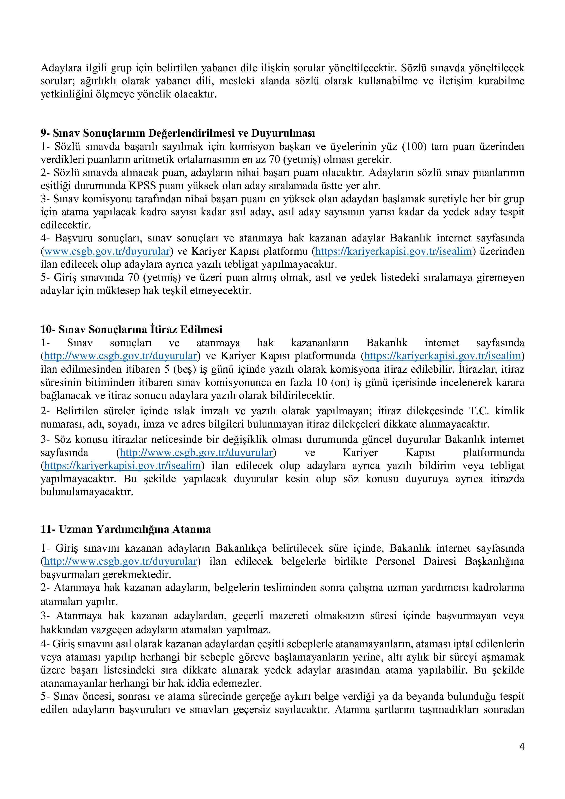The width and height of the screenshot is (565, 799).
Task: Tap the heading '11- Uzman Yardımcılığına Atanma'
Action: (126, 529)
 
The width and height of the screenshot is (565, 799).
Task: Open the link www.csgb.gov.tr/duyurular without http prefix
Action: (107, 251)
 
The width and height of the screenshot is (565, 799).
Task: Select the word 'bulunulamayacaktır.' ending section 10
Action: (87, 492)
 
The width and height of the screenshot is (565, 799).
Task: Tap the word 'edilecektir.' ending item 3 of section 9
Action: (66, 225)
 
